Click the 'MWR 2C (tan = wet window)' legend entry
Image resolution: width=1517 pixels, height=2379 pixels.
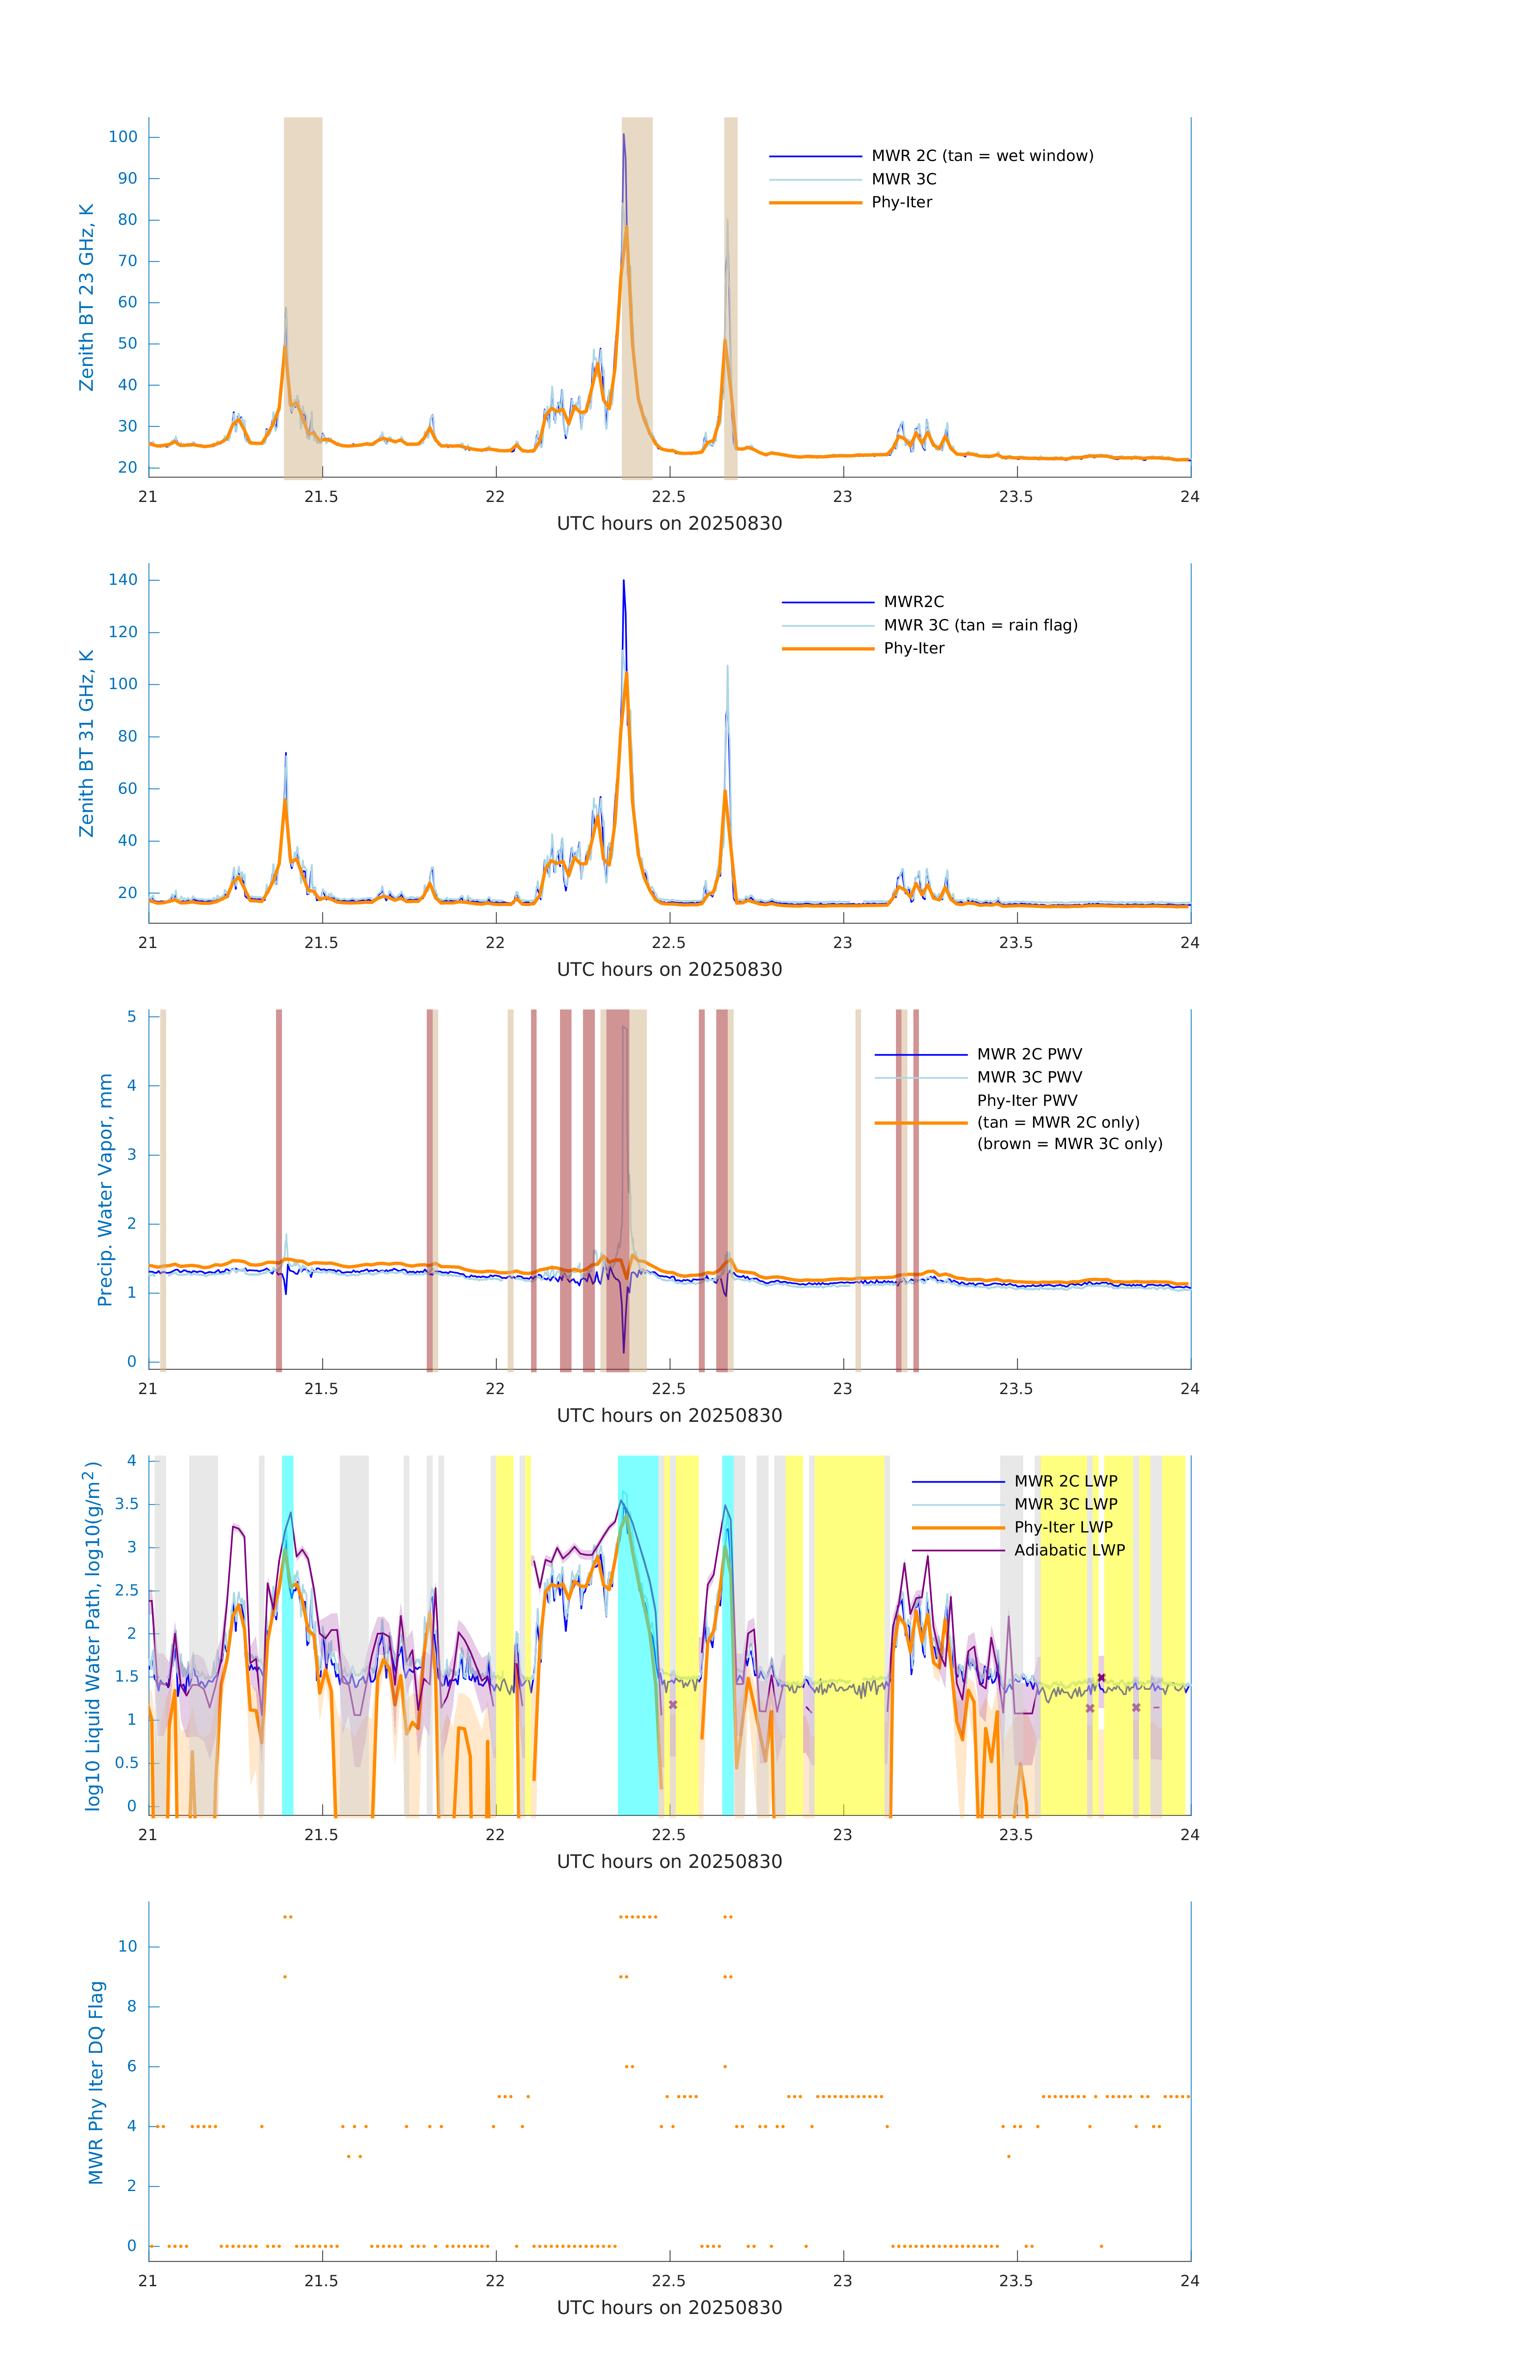point(981,156)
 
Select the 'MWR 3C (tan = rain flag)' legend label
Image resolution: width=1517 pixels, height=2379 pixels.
point(980,625)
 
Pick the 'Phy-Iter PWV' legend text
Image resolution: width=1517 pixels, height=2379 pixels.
point(1027,1101)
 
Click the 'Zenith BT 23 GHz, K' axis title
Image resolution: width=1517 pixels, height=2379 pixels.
point(87,297)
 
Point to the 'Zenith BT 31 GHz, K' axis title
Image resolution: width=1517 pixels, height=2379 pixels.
point(87,743)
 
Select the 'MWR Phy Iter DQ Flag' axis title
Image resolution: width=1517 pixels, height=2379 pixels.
point(96,2082)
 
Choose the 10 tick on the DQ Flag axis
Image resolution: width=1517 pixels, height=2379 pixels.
point(127,1946)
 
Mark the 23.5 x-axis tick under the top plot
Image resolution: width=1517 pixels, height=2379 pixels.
point(1016,497)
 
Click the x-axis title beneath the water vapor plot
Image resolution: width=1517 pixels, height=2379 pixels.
point(669,1416)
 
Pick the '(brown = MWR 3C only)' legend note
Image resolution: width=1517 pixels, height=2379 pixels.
point(1069,1144)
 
